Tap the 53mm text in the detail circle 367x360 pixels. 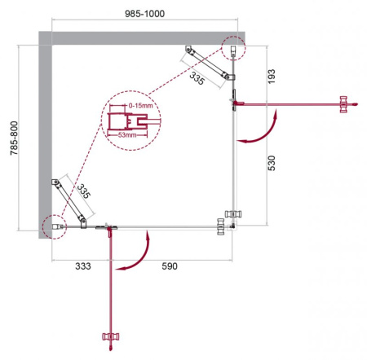pyautogui.click(x=126, y=134)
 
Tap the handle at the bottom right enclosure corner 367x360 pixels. pyautogui.click(x=224, y=225)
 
